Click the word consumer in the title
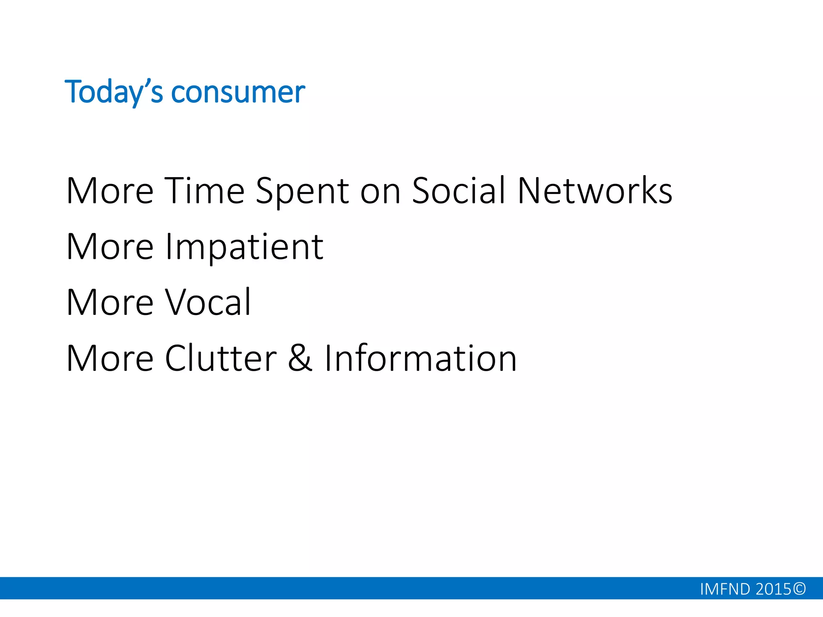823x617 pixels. click(238, 92)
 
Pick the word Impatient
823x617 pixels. click(244, 247)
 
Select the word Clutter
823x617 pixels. click(221, 358)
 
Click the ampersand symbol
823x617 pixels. click(300, 358)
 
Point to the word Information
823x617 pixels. click(420, 358)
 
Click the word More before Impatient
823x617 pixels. click(110, 247)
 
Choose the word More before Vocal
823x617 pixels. click(110, 302)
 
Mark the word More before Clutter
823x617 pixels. click(110, 358)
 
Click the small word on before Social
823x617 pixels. click(380, 192)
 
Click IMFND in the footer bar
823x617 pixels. click(725, 589)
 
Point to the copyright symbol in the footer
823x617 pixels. click(799, 589)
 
